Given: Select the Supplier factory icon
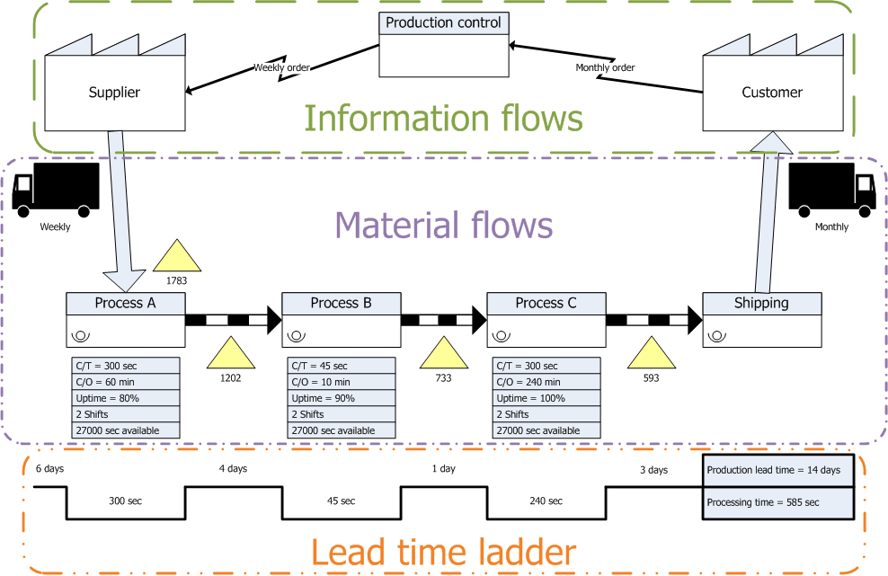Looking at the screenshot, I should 114,85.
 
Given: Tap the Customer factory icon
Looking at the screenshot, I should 772,85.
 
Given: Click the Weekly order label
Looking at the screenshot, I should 282,67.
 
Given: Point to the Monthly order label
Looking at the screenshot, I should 605,67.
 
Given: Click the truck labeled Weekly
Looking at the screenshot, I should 56,191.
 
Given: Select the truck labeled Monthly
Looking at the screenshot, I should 831,191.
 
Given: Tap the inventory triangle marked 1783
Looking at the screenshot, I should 177,258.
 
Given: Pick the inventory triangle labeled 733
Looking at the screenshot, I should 443,353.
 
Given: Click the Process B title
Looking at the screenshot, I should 341,303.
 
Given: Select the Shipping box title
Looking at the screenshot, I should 761,303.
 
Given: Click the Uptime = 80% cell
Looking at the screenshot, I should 126,398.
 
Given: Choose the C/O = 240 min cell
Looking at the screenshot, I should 546,382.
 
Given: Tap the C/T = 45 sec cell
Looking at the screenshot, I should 341,366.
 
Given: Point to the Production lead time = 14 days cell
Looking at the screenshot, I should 777,470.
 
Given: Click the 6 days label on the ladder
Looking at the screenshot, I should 49,469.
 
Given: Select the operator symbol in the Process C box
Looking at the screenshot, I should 500,335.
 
